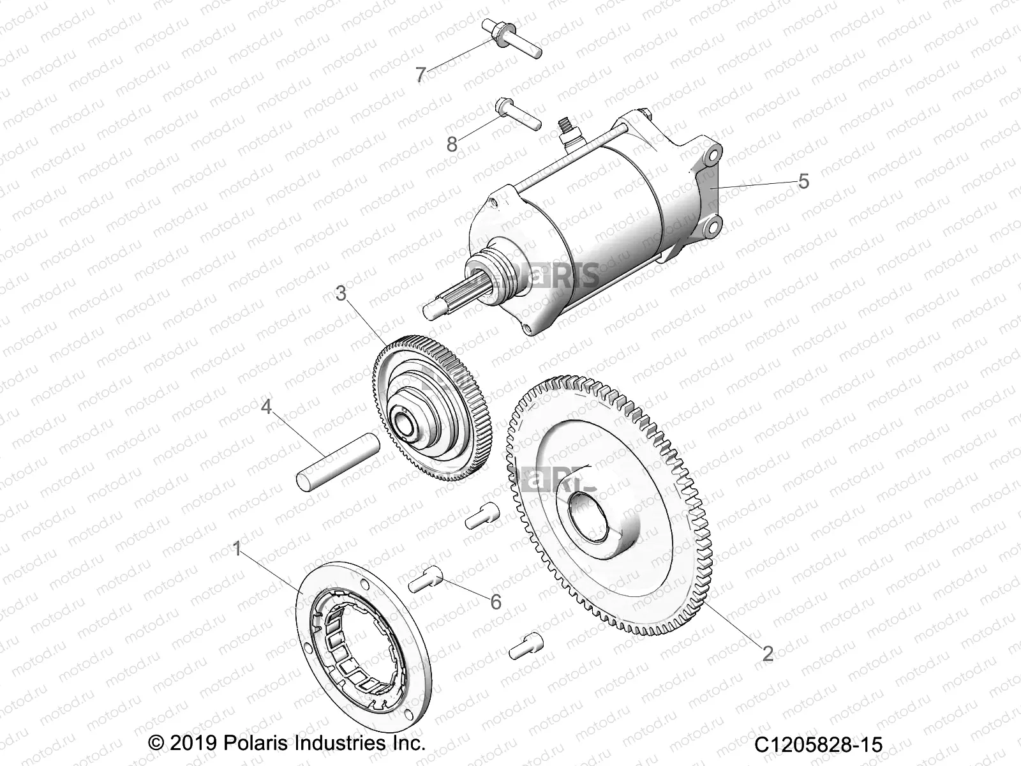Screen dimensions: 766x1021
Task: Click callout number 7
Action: [420, 75]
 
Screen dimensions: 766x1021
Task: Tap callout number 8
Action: [452, 144]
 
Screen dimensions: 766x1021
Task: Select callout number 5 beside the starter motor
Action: [803, 181]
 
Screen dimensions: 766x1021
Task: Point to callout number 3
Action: [341, 293]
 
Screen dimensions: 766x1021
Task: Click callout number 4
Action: [265, 406]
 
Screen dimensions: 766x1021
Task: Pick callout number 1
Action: [237, 548]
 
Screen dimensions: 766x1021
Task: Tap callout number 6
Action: [495, 601]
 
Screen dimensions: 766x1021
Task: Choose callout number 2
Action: [768, 653]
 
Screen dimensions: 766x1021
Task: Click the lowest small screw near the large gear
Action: [526, 645]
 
